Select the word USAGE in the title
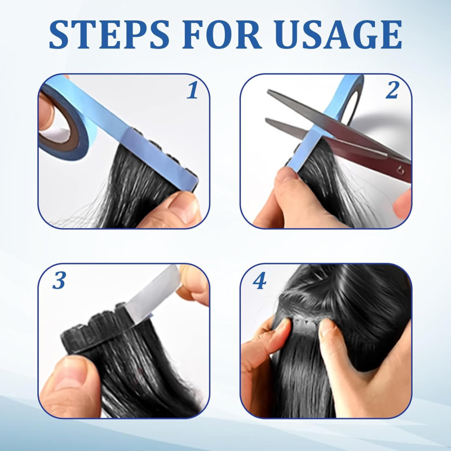[x=338, y=34]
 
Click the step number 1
[x=192, y=90]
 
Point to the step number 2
[x=392, y=90]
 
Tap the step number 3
[x=59, y=280]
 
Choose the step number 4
[x=259, y=280]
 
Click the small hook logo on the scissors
[x=400, y=171]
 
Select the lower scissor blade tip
[x=267, y=120]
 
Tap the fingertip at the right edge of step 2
[x=403, y=204]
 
